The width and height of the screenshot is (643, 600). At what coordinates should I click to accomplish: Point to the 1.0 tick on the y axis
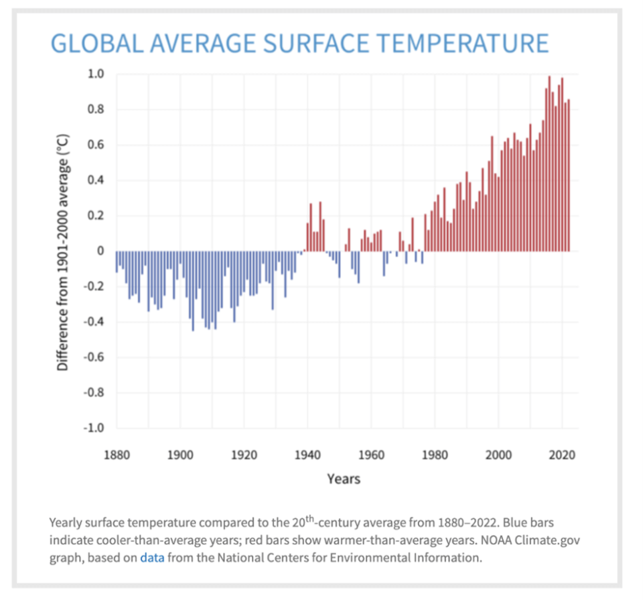[x=98, y=74]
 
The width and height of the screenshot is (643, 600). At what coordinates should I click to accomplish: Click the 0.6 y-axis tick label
[x=98, y=145]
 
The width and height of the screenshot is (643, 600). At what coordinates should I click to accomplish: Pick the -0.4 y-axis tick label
[x=96, y=322]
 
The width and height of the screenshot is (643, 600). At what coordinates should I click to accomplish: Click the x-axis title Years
[x=344, y=479]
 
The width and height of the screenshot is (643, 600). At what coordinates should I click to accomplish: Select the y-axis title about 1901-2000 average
[x=63, y=251]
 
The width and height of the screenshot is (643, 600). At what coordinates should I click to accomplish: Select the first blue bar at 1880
[x=117, y=261]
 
